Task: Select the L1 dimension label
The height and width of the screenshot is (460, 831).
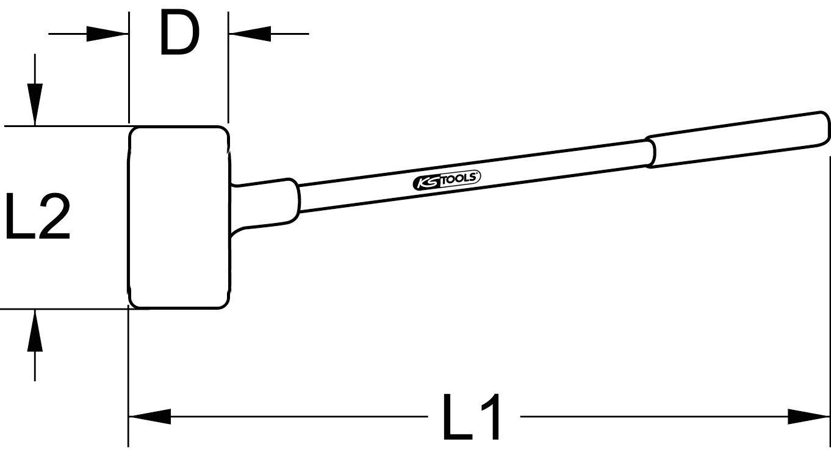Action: (x=472, y=418)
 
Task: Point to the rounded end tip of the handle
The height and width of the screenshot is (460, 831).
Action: (x=825, y=127)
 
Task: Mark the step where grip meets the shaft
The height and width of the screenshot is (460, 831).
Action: (x=650, y=152)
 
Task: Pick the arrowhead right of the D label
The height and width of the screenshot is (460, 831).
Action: (x=249, y=34)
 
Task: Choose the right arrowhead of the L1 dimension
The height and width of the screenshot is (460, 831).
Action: (x=808, y=418)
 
